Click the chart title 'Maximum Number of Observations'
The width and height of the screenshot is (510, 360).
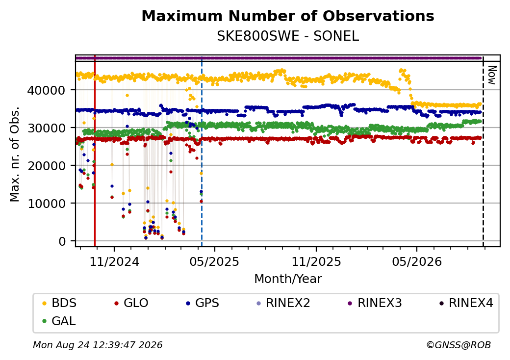coord(288,16)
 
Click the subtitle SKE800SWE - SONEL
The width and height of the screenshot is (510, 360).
coord(288,36)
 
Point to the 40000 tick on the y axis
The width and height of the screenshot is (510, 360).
coord(46,90)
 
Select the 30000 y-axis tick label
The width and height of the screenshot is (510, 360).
coord(46,128)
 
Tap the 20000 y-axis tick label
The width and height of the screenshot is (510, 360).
coord(46,165)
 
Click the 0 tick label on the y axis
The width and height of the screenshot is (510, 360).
coord(62,241)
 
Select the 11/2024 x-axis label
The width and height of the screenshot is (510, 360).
coord(114,262)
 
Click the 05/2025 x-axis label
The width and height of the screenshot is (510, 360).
coord(214,262)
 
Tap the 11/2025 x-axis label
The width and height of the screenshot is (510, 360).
coord(316,262)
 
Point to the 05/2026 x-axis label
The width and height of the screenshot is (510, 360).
coord(417,262)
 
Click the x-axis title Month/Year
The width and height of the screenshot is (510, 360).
coord(288,279)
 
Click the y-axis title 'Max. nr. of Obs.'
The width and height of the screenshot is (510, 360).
coord(15,154)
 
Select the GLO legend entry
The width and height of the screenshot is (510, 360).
coord(131,303)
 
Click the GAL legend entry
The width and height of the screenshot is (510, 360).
coord(59,321)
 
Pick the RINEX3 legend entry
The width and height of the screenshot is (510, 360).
coord(375,303)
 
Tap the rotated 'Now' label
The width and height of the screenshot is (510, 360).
coord(492,75)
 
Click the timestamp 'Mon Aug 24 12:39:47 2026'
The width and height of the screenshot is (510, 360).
coord(98,345)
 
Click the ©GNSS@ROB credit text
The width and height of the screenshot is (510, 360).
coord(459,345)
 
